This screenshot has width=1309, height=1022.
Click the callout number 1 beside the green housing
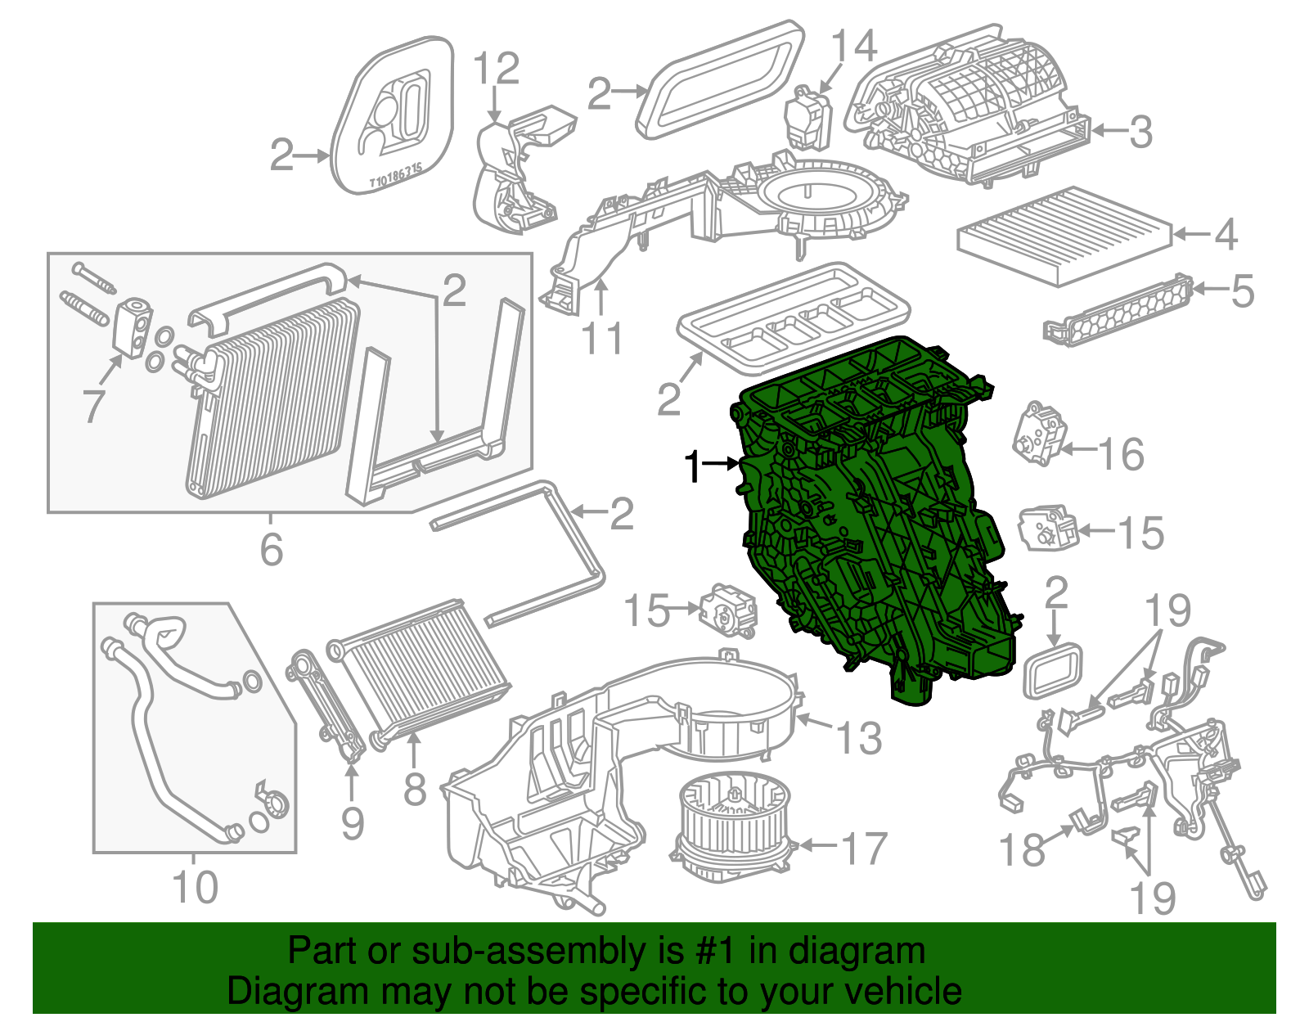pos(693,467)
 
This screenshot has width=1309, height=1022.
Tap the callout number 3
pos(1140,132)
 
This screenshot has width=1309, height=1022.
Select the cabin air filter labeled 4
pos(1065,236)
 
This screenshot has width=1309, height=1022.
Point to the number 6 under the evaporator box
pos(271,549)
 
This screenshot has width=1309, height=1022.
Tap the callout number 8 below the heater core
pos(415,789)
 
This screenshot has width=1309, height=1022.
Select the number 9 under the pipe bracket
pos(353,824)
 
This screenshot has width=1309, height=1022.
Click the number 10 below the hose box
pos(195,887)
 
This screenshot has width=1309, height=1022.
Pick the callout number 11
pos(603,338)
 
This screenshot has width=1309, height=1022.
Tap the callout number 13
pos(859,738)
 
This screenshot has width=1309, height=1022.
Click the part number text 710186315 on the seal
pos(394,176)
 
